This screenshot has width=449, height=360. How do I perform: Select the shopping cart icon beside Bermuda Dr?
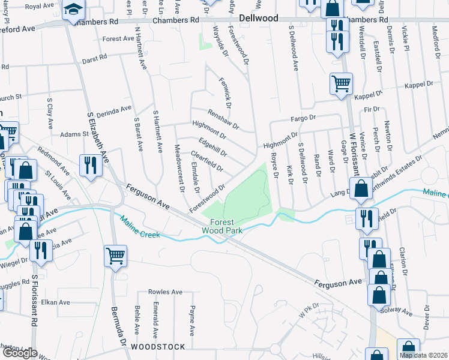[115, 256]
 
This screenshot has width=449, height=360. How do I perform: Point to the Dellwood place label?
[259, 19]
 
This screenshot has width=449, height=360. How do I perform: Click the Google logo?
[19, 353]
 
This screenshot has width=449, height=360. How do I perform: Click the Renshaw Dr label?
[223, 120]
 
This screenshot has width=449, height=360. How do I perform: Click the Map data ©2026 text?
[423, 355]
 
